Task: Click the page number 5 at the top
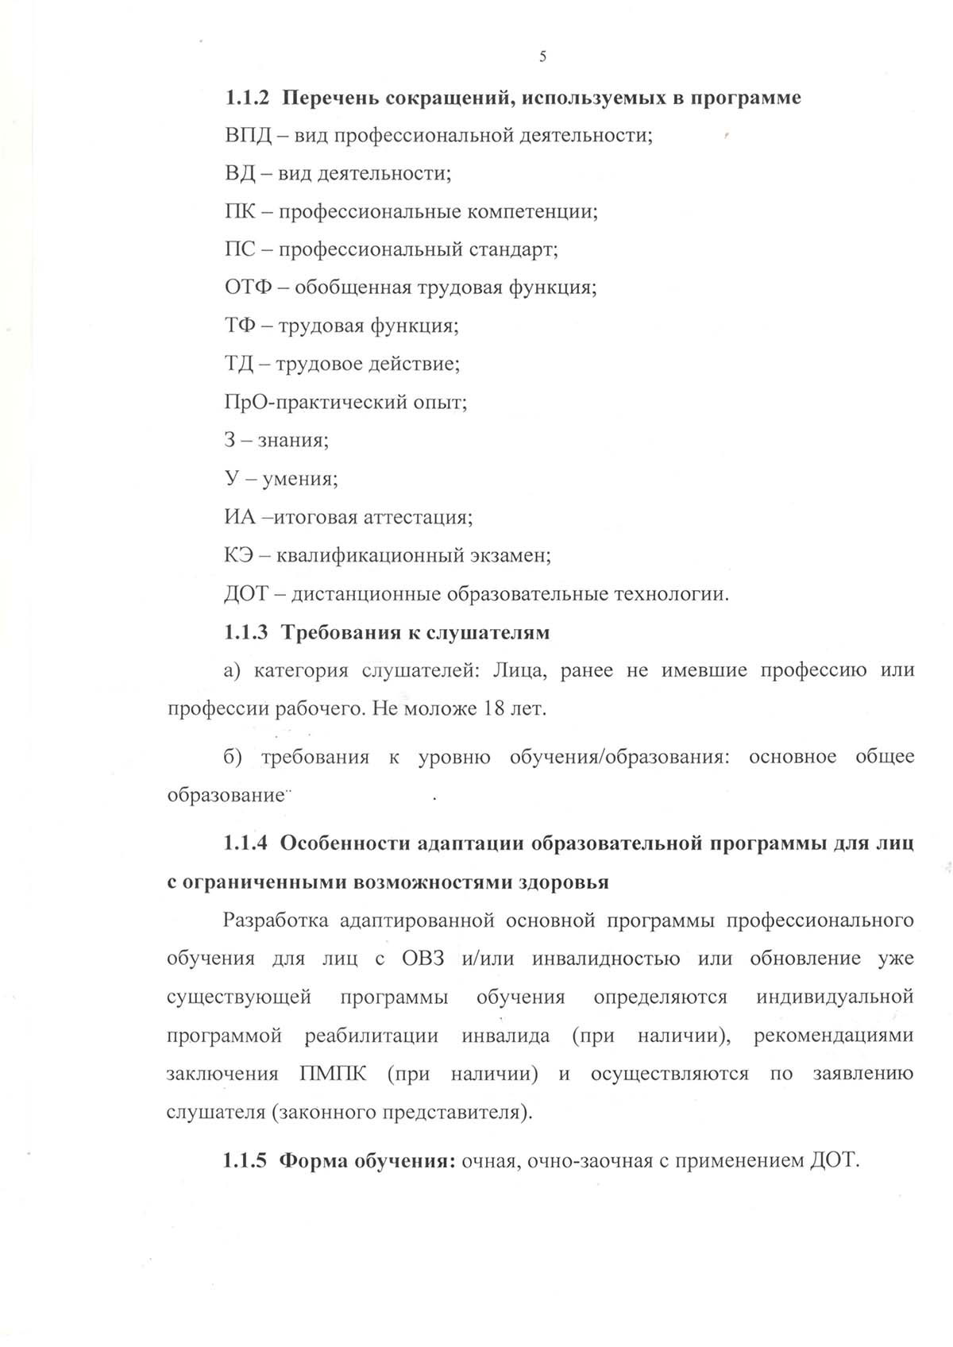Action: [x=542, y=56]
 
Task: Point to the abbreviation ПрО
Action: [x=247, y=402]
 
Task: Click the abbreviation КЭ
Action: [x=239, y=555]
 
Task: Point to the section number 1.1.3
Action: [x=247, y=632]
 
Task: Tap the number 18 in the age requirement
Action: [x=493, y=708]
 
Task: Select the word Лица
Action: [x=519, y=670]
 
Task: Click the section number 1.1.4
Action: [x=247, y=843]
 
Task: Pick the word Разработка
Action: [x=276, y=920]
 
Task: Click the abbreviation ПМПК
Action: [x=334, y=1074]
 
